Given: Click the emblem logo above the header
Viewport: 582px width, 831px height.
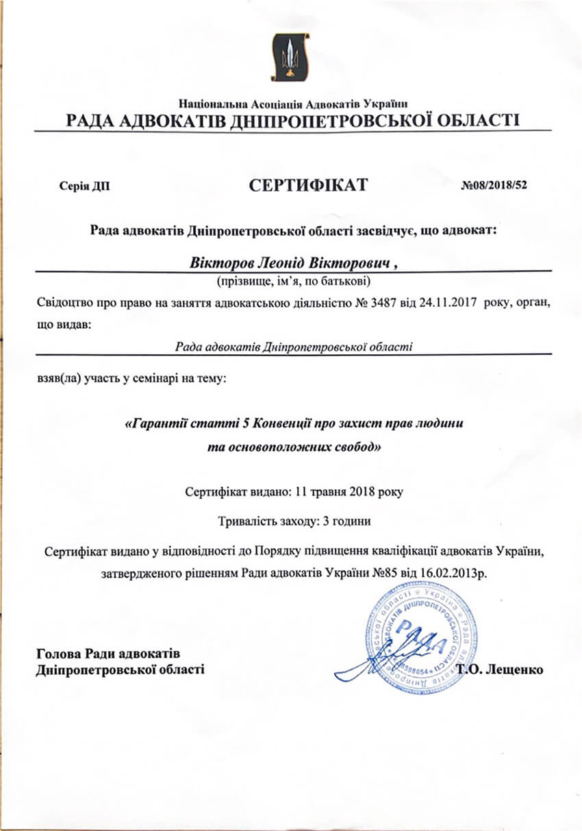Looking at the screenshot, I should coord(292,58).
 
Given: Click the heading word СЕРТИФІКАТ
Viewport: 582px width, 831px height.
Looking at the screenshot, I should coord(308,184).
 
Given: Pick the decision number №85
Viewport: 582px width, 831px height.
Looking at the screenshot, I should coord(384,571).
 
